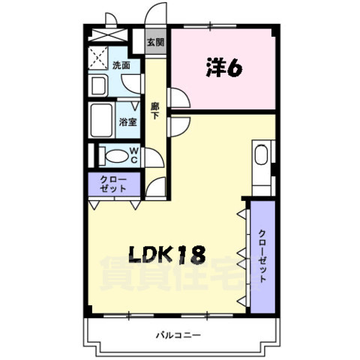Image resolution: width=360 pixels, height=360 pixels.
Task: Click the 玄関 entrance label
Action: tap(155, 42)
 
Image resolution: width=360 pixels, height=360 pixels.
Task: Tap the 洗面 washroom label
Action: tap(121, 66)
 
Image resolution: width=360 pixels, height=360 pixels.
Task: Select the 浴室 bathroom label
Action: tap(127, 121)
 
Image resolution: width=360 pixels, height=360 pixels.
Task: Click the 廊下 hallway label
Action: tap(155, 110)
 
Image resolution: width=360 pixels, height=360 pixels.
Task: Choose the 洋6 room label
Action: tap(223, 69)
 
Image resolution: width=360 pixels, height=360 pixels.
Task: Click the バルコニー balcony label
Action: tap(178, 334)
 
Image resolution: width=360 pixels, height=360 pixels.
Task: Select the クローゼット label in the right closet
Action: tap(262, 255)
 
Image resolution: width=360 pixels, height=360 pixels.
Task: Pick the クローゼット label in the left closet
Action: tap(113, 184)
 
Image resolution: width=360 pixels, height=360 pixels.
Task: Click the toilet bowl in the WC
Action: tap(113, 156)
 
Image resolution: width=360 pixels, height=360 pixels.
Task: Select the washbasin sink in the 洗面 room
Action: tap(97, 85)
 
